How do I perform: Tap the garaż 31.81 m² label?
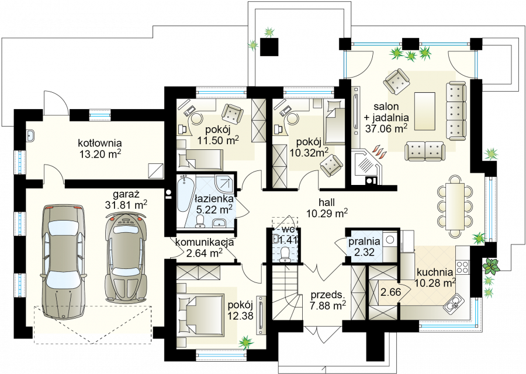point(126,200)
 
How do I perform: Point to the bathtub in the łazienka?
point(184,194)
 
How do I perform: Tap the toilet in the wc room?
point(285,253)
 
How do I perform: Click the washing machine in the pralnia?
point(390,239)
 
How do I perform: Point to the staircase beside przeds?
point(285,291)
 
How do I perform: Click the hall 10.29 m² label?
point(327,208)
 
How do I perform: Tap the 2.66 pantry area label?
point(391,292)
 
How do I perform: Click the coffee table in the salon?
point(425,111)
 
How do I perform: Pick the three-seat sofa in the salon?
point(456,111)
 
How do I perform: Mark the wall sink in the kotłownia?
point(30,136)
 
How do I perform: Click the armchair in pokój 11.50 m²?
point(233,113)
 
